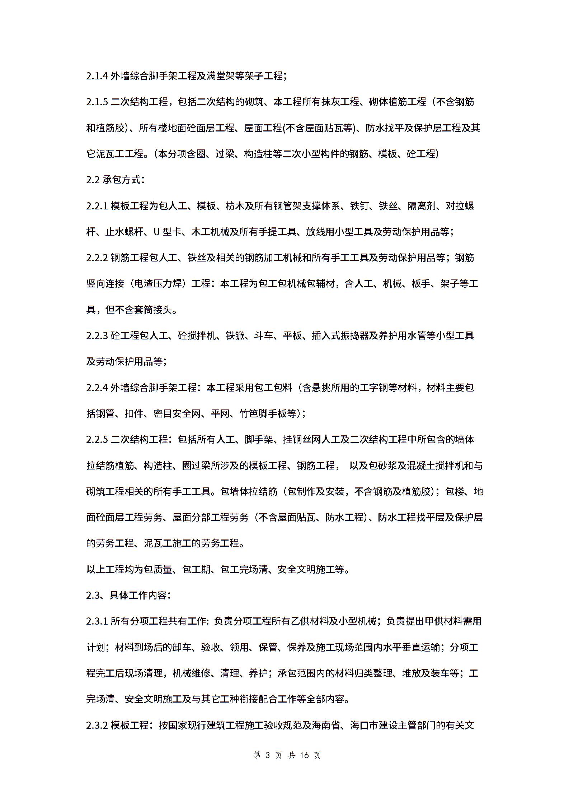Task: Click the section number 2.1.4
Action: (97, 76)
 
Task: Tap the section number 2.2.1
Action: (97, 206)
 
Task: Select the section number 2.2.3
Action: (97, 336)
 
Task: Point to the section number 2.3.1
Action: (97, 621)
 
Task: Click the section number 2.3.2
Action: (97, 725)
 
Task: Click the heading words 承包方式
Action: (122, 180)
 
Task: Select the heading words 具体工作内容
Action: (138, 595)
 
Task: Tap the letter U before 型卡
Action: (156, 232)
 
